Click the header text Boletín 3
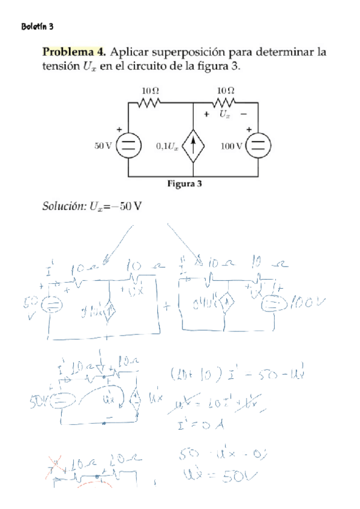(38, 27)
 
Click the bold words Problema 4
(74, 52)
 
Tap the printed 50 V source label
(103, 145)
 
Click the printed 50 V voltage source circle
(128, 145)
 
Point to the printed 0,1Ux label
(167, 145)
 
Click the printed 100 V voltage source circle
(258, 145)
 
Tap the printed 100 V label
(231, 145)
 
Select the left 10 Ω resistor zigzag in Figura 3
(149, 103)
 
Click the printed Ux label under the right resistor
(224, 113)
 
